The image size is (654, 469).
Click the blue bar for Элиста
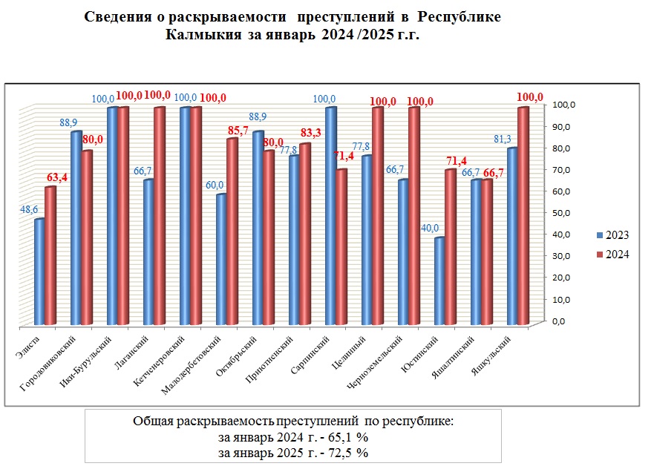pos(39,272)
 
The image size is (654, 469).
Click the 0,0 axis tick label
pos(557,321)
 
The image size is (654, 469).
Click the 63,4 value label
pos(56,177)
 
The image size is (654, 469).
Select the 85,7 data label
pos(238,129)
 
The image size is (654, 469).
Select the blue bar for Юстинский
pos(439,281)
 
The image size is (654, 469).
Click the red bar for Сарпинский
pos(341,247)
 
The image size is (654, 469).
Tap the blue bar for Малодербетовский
pos(220,260)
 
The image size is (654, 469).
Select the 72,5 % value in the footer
pos(344,453)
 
